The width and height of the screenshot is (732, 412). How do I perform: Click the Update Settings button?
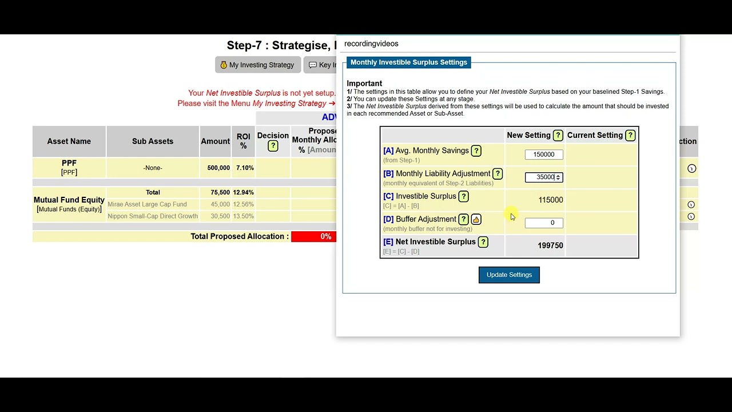[x=509, y=275]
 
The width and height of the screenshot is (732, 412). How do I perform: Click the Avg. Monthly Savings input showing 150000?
[x=543, y=154]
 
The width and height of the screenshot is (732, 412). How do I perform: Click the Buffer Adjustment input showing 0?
[x=543, y=223]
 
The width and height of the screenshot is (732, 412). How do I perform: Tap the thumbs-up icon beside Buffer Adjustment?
[x=476, y=220]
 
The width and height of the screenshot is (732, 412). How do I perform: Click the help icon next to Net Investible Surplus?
[x=483, y=242]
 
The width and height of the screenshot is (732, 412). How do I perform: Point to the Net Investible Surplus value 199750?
[x=550, y=245]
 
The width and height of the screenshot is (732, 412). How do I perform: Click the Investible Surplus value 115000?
[x=550, y=200]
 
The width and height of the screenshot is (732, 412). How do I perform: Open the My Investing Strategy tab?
[x=257, y=65]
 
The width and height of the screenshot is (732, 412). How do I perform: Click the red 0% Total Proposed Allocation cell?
[x=314, y=236]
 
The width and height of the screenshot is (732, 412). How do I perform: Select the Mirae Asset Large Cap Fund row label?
[x=147, y=204]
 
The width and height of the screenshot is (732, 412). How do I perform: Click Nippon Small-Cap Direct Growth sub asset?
[x=153, y=216]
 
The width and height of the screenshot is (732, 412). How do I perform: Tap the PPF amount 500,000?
[x=218, y=168]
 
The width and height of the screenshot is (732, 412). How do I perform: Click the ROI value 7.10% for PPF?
[x=244, y=168]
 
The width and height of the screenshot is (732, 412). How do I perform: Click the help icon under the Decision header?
[x=273, y=146]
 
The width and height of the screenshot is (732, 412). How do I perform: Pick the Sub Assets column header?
[x=153, y=141]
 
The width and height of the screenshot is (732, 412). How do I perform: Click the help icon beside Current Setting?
[x=630, y=136]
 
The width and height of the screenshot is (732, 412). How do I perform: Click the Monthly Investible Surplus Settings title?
[x=408, y=62]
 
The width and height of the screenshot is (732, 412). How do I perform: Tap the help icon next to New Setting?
[x=558, y=136]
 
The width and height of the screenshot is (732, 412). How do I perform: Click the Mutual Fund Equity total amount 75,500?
[x=220, y=192]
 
